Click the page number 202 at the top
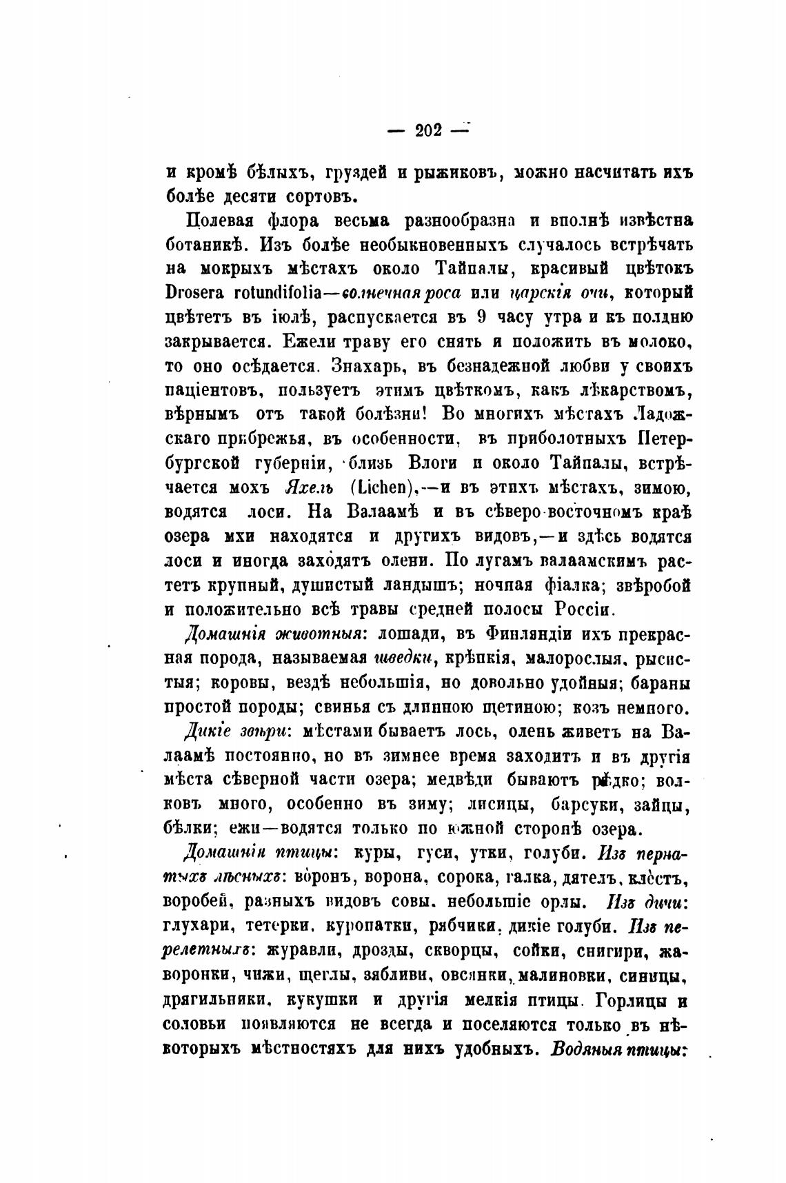428,130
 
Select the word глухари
196,927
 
